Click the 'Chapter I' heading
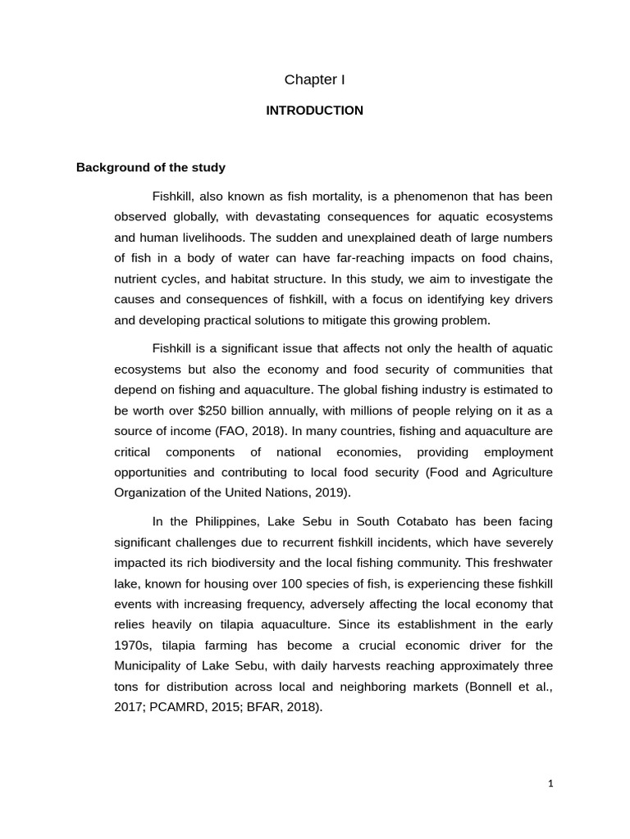pos(314,79)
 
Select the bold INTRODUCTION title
pos(314,111)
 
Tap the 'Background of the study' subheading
pos(150,167)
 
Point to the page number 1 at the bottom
pos(550,783)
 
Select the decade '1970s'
pos(132,646)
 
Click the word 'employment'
pos(518,451)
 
